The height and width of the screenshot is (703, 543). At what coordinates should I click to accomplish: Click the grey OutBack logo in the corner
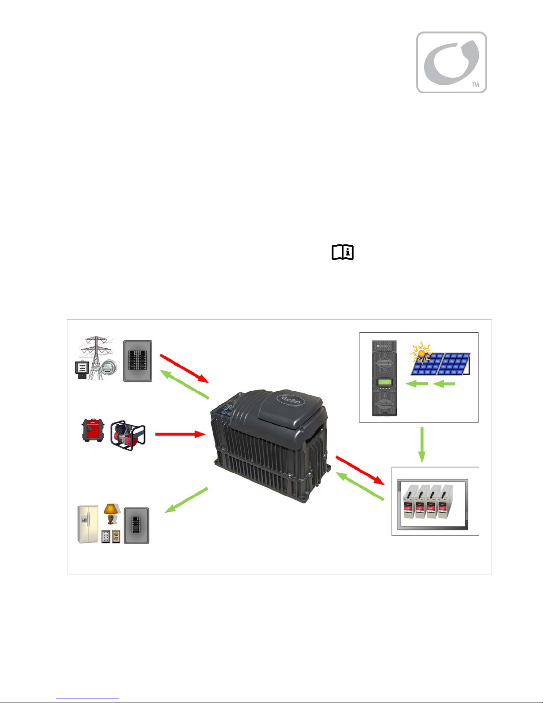point(451,62)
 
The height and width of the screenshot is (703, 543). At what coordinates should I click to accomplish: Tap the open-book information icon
point(343,252)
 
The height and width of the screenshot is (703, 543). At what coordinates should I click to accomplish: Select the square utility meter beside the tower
point(82,369)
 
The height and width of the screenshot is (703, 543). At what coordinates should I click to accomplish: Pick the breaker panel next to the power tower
point(137,361)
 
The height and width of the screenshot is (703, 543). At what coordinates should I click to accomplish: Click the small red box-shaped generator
point(93,430)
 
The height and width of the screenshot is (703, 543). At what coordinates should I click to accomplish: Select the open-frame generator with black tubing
point(128,435)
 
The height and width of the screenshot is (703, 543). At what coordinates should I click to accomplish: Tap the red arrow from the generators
point(180,434)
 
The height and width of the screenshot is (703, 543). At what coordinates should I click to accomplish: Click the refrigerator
point(88,523)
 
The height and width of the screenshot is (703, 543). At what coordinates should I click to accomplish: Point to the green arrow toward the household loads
point(186,500)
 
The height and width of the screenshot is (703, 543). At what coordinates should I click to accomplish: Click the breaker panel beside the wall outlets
point(137,526)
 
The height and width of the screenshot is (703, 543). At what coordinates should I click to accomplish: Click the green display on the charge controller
point(383,382)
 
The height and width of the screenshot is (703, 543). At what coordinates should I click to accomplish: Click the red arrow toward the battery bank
point(359,469)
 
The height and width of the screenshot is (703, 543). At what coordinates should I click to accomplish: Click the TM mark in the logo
point(475,84)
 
